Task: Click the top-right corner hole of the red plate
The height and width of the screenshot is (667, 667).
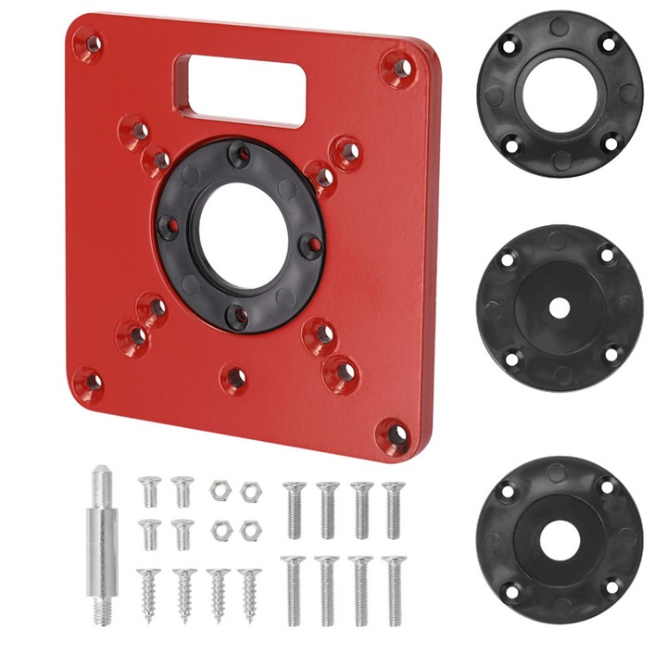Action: click(399, 67)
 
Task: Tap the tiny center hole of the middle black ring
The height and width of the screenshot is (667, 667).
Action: click(560, 307)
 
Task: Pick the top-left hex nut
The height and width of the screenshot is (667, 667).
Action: click(219, 492)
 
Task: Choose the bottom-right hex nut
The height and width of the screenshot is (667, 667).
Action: click(249, 530)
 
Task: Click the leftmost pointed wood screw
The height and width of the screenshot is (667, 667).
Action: click(150, 593)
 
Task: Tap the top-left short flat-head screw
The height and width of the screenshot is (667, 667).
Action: click(150, 491)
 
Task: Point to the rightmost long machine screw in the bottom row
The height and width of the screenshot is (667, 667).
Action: click(394, 589)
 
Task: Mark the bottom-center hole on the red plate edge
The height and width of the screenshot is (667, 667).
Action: click(235, 377)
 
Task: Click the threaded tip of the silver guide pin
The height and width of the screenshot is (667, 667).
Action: click(102, 608)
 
